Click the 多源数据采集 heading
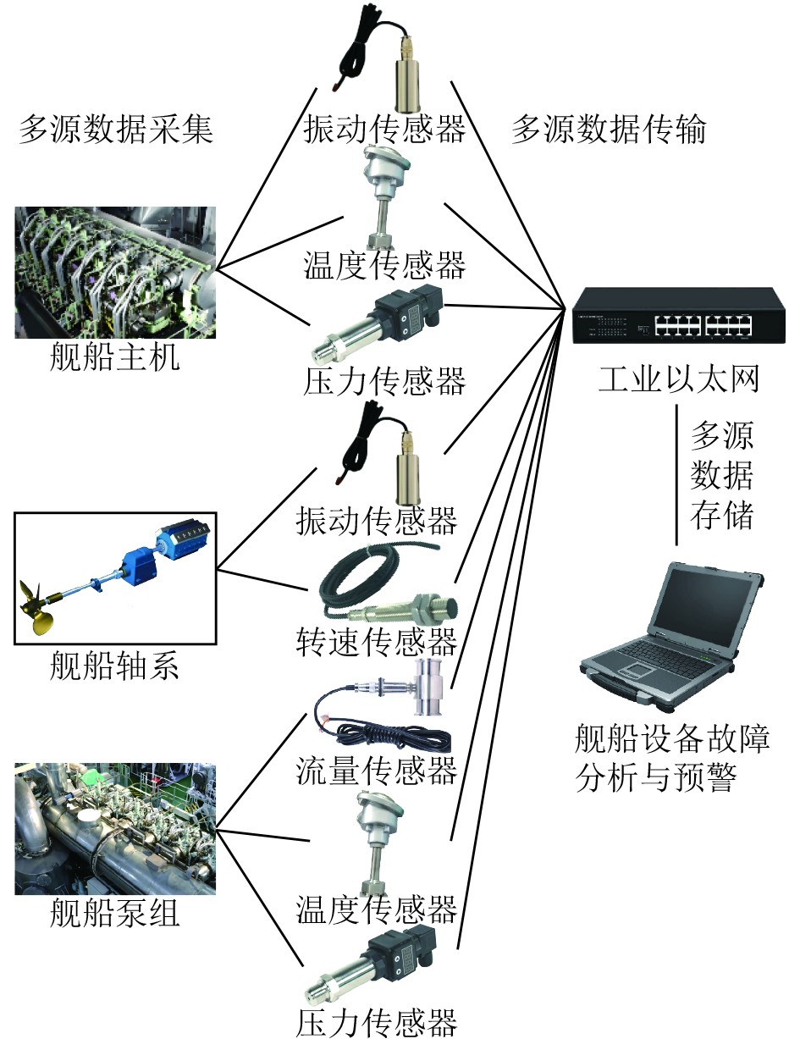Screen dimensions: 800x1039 click(116, 130)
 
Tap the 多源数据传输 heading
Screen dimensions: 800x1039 click(609, 130)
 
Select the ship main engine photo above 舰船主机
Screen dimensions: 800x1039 click(116, 273)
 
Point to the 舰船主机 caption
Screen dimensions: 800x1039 click(115, 357)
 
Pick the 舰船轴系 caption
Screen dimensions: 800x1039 click(115, 666)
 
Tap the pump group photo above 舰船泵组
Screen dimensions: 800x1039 click(116, 829)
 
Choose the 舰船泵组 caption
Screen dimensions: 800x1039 click(115, 915)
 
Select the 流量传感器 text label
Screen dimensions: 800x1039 click(377, 771)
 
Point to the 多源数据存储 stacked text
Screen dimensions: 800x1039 click(721, 477)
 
